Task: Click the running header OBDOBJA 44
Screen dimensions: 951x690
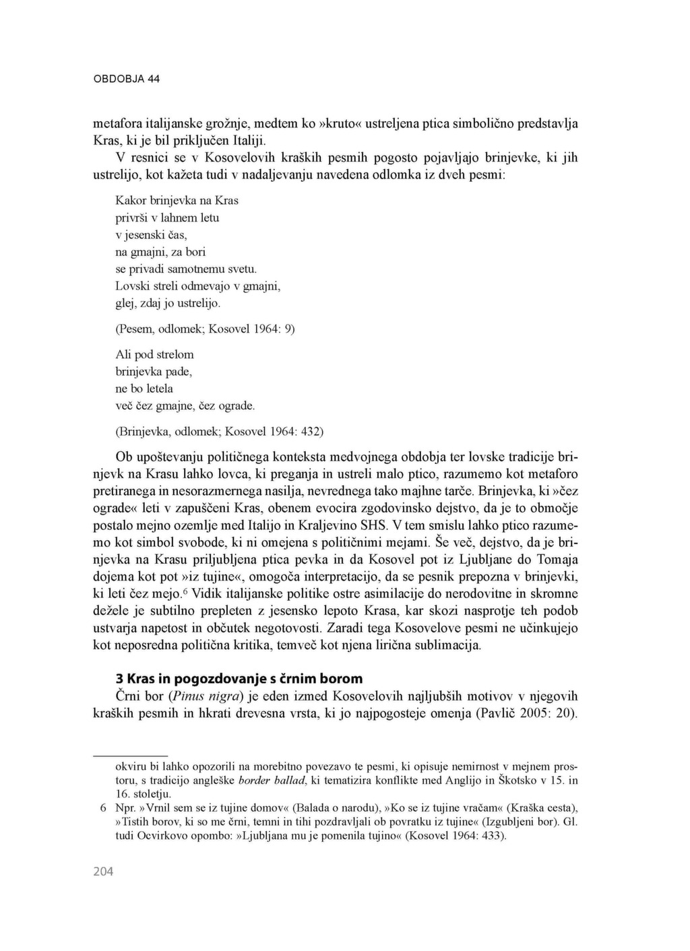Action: [x=126, y=79]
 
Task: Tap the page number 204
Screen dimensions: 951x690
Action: [x=103, y=872]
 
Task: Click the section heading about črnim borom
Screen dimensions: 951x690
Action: [x=239, y=678]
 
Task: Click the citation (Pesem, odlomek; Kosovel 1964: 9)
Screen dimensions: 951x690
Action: [x=205, y=329]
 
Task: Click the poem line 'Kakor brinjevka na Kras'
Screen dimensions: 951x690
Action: [x=177, y=200]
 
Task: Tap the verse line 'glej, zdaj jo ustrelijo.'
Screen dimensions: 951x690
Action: [x=168, y=303]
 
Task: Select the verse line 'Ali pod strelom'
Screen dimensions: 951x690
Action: [x=154, y=354]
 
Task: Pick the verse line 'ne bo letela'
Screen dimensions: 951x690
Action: [x=144, y=389]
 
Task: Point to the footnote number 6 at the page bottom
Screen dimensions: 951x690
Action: [x=103, y=808]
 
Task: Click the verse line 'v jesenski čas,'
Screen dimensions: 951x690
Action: [x=151, y=234]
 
